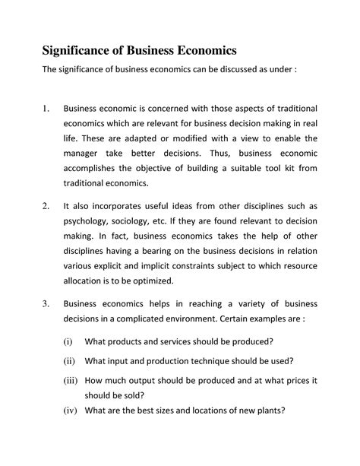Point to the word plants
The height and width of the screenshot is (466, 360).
pyautogui.click(x=267, y=411)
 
